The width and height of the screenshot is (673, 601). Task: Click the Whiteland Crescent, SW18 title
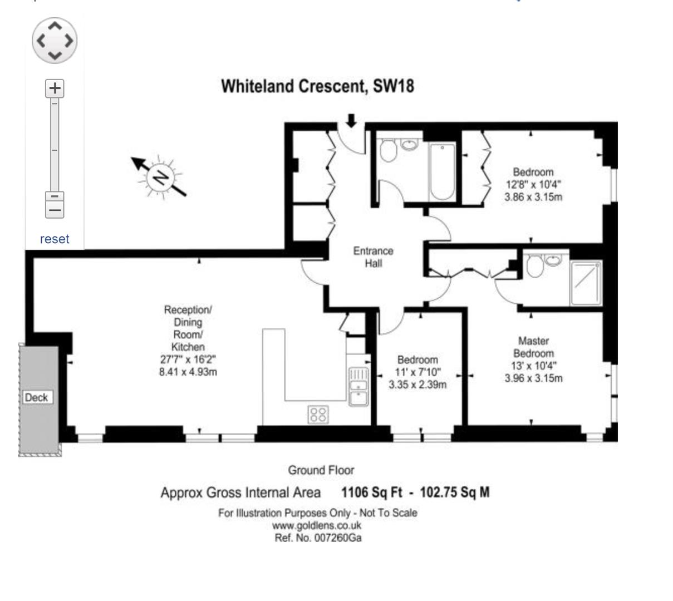(x=318, y=87)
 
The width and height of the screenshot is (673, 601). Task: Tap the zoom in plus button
(x=55, y=88)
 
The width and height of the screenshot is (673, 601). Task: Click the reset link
(x=55, y=239)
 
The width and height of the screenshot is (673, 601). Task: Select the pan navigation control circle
(x=55, y=40)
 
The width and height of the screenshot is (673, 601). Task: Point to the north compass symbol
(x=160, y=177)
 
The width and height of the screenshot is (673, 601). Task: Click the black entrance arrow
(x=351, y=120)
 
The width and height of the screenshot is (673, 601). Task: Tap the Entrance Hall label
(x=373, y=257)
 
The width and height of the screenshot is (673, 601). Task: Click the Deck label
(x=37, y=397)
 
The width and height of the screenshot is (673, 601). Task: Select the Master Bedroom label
(x=533, y=347)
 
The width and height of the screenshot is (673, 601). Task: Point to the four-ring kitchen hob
(x=319, y=413)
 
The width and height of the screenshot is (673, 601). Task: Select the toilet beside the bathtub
(x=387, y=150)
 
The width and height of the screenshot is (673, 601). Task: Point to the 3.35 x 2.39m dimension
(x=417, y=385)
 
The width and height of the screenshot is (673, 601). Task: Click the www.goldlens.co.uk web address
(x=317, y=525)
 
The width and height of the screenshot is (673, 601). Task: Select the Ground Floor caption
(x=321, y=471)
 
